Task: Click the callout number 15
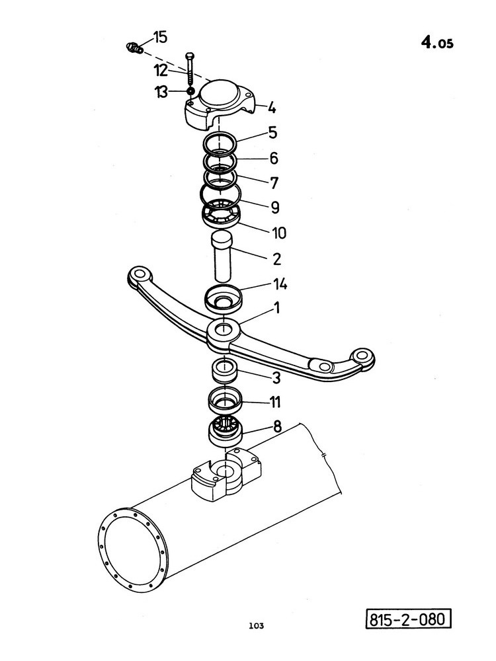tap(160, 37)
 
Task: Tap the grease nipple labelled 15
tap(134, 48)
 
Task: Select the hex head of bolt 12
tap(190, 56)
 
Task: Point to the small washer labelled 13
tap(190, 91)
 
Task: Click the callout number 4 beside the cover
tap(272, 108)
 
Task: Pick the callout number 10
tap(279, 233)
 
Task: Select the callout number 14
tap(280, 284)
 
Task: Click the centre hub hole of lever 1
tap(224, 327)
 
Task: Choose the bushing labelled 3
tap(226, 370)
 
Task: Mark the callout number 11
tap(275, 402)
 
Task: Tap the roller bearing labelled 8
tap(226, 432)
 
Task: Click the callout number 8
tap(277, 426)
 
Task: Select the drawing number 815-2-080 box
tap(408, 619)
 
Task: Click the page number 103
tap(257, 625)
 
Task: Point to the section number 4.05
tap(437, 42)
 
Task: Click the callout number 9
tap(275, 208)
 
